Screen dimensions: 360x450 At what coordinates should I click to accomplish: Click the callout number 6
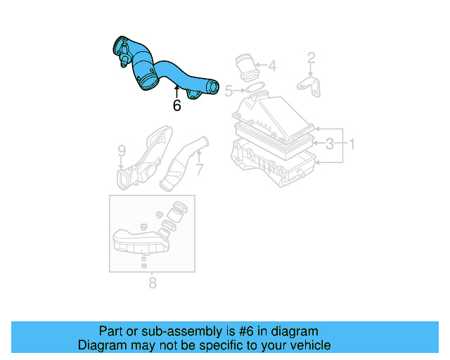coord(176,105)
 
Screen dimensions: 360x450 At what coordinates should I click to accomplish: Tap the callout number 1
coord(352,145)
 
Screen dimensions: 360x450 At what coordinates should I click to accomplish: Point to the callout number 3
coord(329,145)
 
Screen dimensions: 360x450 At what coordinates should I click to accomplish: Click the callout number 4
coord(272,67)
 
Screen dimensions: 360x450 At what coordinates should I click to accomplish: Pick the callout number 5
coord(228,90)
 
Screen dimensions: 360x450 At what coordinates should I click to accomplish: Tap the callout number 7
coord(199,169)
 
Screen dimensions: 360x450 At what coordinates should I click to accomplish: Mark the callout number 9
coord(122,150)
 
